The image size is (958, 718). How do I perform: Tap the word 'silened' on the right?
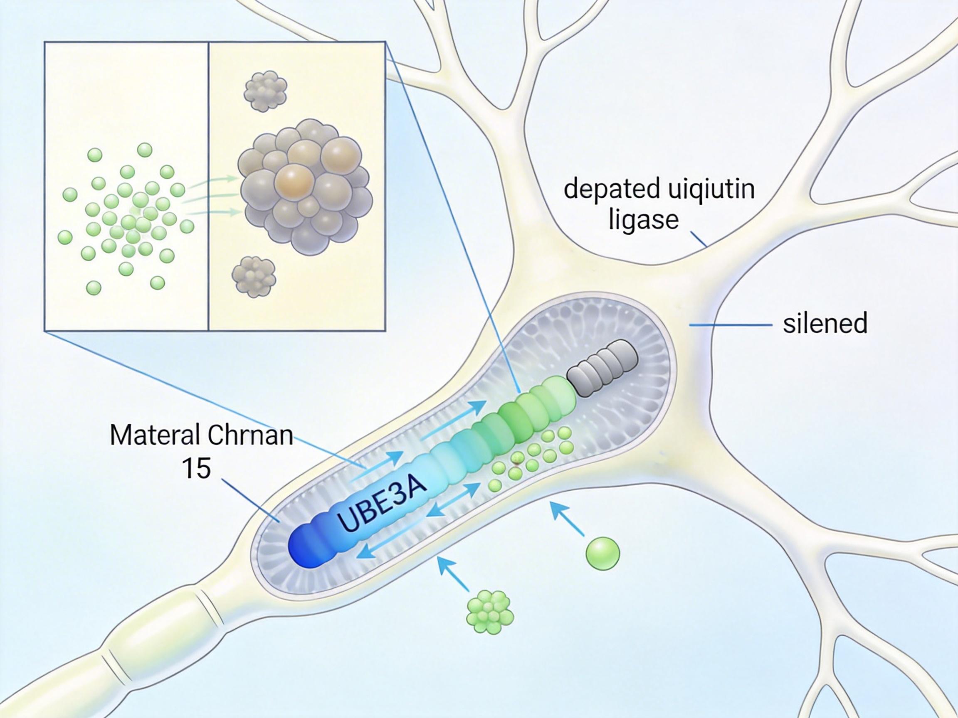(x=825, y=323)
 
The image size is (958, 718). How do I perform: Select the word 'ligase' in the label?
(x=644, y=219)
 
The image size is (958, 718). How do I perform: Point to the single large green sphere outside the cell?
(x=602, y=553)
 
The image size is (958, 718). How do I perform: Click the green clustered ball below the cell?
(x=490, y=613)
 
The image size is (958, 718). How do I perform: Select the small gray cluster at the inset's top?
(x=265, y=91)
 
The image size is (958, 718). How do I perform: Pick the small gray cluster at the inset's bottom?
(x=254, y=277)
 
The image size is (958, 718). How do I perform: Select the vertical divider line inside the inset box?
(x=209, y=186)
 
